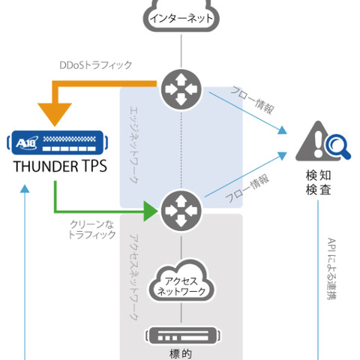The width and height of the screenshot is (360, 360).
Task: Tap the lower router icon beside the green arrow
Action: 181,208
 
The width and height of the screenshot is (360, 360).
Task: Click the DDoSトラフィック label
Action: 96,65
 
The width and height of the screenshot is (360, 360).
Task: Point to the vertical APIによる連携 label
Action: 331,270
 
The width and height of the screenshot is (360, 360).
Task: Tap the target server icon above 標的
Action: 181,334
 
